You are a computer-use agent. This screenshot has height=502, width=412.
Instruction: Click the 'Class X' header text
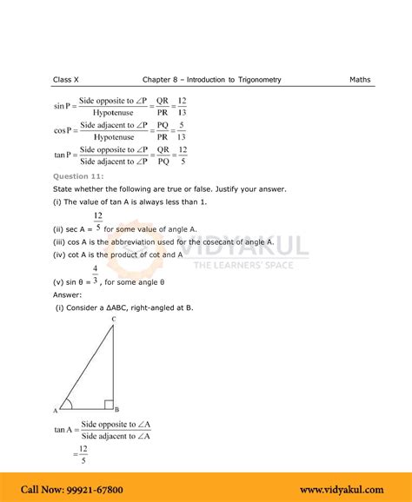point(64,80)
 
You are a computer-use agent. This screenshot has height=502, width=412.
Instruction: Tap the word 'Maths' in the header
point(360,80)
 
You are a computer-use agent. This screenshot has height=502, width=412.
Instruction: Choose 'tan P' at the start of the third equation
point(63,155)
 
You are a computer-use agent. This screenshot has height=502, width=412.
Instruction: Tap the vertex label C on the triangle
point(113,320)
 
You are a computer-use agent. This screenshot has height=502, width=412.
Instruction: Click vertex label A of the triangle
point(55,409)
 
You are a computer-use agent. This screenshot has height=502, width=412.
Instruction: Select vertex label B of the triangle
point(117,409)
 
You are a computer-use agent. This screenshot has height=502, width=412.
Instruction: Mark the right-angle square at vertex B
point(108,404)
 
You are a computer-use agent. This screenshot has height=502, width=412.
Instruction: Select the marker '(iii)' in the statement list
point(61,242)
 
